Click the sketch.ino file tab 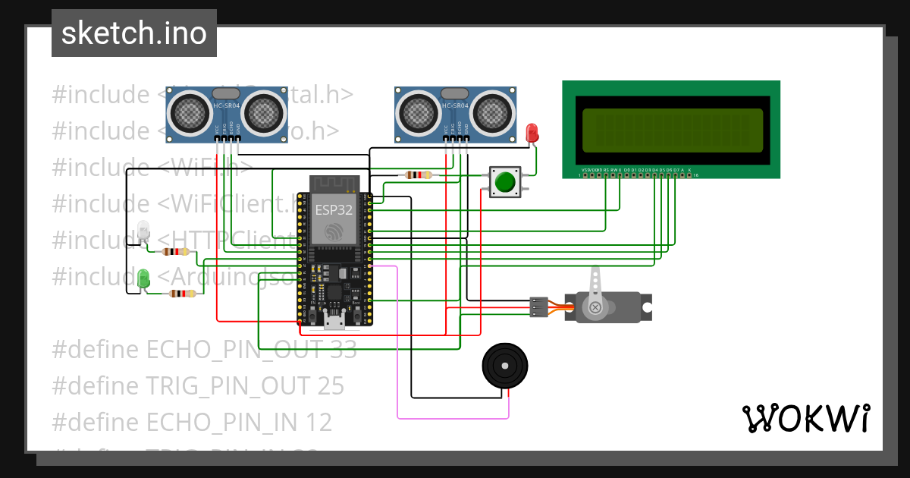(133, 33)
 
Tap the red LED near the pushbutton (532, 134)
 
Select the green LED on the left (143, 277)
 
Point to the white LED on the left (143, 230)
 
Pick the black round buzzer (504, 366)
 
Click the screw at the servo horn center (595, 307)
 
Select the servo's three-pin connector (538, 307)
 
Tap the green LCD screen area (672, 129)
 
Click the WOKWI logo (805, 418)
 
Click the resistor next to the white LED (177, 252)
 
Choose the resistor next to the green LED (182, 294)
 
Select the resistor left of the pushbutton (418, 175)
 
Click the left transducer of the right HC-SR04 (416, 112)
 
